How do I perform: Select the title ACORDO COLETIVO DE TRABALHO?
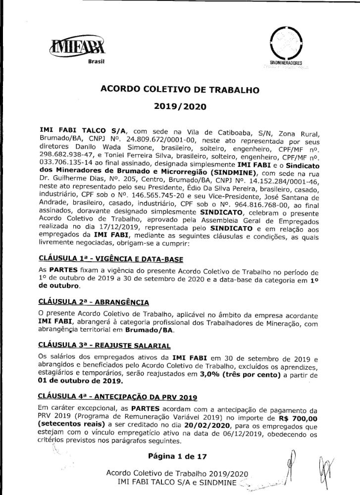[180, 90]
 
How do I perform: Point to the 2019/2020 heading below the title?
[180, 106]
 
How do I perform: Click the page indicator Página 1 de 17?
[179, 454]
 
